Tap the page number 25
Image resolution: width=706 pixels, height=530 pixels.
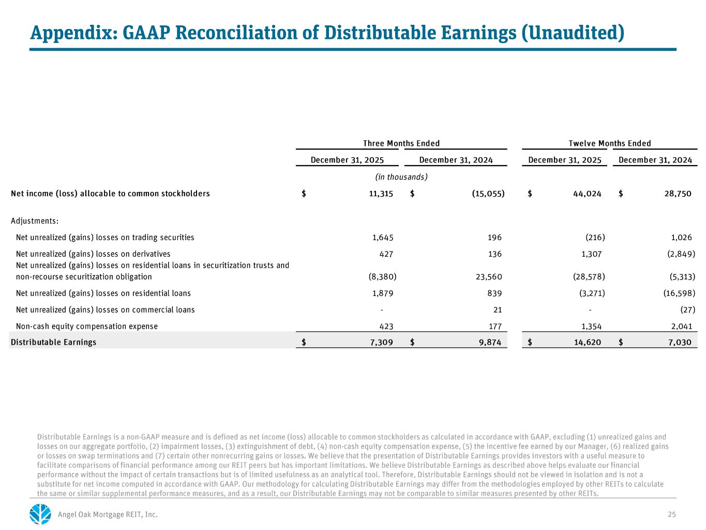[x=672, y=514]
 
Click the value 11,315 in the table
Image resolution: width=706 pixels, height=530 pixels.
[x=381, y=194]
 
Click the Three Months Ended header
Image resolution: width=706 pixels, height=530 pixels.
[x=401, y=143]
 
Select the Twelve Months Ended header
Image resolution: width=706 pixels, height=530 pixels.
[x=609, y=143]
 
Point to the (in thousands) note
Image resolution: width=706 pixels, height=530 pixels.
[x=401, y=177]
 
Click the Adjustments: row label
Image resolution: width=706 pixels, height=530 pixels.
[x=35, y=221]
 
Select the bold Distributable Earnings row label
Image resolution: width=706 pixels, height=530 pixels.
[x=53, y=342]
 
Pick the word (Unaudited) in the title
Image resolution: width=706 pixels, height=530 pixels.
[x=572, y=33]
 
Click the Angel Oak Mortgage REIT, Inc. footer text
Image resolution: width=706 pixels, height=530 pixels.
[x=108, y=514]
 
